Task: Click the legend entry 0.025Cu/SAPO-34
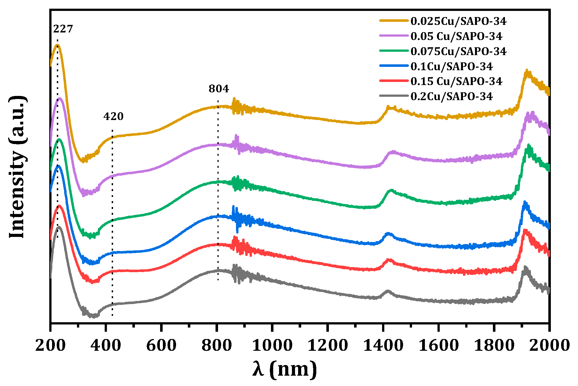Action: (x=458, y=21)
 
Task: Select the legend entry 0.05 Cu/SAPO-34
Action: (x=456, y=36)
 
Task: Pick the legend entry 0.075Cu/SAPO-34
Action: (x=458, y=51)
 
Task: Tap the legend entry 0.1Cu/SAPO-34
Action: (x=451, y=67)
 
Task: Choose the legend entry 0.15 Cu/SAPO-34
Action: (x=456, y=81)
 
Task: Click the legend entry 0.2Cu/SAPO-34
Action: (x=451, y=96)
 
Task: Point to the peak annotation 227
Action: (x=63, y=29)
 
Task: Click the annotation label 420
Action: (x=113, y=116)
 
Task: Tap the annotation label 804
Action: (x=219, y=89)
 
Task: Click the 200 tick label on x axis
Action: (x=50, y=345)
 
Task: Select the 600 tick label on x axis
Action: (x=162, y=345)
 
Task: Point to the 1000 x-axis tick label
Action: (x=272, y=345)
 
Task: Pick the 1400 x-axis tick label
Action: (x=383, y=345)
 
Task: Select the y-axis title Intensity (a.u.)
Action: (x=17, y=167)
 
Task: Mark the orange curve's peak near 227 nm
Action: (x=57, y=45)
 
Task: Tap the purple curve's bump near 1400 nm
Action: (x=393, y=152)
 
